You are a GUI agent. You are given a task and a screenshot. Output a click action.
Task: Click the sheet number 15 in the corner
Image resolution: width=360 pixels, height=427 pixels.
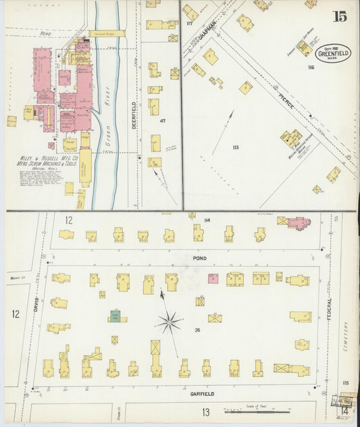(339, 16)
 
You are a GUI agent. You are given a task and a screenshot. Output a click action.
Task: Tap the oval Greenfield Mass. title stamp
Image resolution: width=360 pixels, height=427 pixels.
(332, 53)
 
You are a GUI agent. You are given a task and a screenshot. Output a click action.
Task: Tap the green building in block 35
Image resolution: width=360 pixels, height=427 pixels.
(116, 316)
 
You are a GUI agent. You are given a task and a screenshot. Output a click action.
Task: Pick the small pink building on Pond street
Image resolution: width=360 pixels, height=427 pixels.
(213, 278)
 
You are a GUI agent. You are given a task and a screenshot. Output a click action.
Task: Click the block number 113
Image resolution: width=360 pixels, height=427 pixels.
(236, 147)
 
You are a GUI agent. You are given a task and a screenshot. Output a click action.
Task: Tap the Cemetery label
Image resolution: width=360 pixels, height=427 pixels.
(348, 338)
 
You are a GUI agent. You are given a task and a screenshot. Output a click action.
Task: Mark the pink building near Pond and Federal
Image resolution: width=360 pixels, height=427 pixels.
(298, 222)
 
